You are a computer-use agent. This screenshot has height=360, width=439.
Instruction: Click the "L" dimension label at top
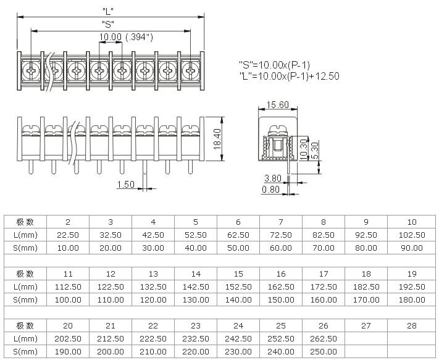point(108,10)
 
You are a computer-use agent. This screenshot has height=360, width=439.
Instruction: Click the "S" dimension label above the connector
point(108,24)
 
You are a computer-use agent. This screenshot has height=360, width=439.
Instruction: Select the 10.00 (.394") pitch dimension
point(126,36)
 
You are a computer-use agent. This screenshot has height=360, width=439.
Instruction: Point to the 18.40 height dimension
point(217,139)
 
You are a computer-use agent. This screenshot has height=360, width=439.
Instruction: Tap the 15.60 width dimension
point(277,105)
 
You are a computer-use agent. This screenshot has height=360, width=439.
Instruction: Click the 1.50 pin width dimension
point(126,184)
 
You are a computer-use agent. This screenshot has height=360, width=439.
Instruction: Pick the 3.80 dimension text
point(273,178)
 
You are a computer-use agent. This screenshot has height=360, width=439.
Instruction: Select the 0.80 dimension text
point(270,190)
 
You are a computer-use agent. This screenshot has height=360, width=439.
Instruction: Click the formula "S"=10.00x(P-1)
point(274,65)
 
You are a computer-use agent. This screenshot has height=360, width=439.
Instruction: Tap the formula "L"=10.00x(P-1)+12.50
point(290,76)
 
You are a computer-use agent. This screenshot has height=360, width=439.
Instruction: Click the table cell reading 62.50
point(238,235)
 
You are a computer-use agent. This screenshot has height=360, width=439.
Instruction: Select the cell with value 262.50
point(324,339)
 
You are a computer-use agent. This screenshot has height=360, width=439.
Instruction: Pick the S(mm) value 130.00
point(196,300)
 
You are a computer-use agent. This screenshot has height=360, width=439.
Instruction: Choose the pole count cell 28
point(412,325)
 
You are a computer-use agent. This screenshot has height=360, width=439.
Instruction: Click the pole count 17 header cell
point(324,274)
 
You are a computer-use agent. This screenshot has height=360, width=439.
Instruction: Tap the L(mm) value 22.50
point(68,235)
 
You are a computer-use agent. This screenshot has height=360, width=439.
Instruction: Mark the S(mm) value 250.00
point(324,351)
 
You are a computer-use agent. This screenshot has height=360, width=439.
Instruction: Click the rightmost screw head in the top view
point(191,70)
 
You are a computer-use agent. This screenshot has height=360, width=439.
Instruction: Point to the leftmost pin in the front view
point(31,167)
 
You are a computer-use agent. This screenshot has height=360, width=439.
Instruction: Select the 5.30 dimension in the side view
point(315,151)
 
